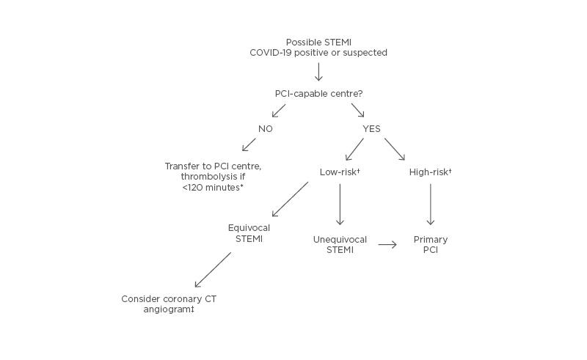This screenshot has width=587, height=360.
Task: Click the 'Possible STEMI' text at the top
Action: [x=318, y=42]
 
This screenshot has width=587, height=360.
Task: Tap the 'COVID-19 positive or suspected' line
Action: [x=318, y=53]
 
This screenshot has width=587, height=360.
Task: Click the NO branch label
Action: [x=266, y=129]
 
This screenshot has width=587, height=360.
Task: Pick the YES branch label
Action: [x=371, y=129]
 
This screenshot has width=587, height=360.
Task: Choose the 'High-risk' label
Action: [x=430, y=172]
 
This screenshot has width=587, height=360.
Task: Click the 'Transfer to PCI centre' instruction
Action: [x=213, y=166]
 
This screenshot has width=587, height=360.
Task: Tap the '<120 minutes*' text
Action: [x=213, y=188]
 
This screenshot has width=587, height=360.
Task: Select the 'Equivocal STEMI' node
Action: [x=249, y=232]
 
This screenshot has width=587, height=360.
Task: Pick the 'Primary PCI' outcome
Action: [x=430, y=245]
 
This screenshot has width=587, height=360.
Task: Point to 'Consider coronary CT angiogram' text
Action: [x=168, y=304]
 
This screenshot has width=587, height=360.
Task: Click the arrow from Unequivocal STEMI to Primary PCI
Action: [x=387, y=245]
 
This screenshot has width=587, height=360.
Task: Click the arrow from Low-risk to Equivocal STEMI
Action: [x=290, y=199]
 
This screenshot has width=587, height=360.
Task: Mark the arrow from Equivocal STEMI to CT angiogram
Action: [x=213, y=270]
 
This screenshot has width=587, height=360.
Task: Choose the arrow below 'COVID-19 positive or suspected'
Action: [x=318, y=71]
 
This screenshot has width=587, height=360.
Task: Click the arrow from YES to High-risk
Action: [x=394, y=149]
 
